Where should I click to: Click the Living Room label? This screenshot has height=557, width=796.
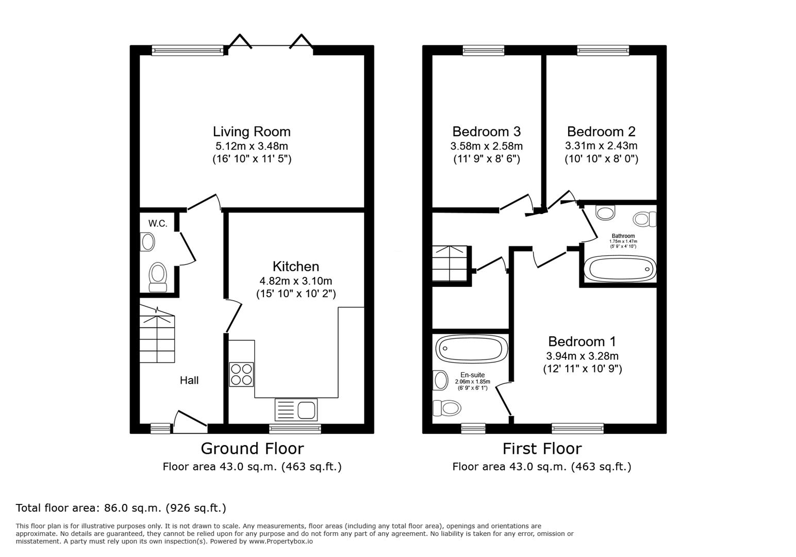tap(252, 132)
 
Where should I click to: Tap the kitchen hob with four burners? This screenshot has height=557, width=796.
tap(241, 374)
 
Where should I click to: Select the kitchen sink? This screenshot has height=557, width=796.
tap(296, 410)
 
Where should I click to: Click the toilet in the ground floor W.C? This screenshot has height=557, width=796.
tap(157, 277)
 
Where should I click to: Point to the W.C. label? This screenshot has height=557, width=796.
tap(158, 223)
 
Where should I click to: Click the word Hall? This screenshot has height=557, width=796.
tap(189, 381)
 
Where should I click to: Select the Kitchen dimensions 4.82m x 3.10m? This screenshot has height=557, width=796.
tap(296, 281)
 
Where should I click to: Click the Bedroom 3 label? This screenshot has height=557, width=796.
tap(486, 132)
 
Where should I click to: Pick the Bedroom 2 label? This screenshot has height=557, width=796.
tap(601, 132)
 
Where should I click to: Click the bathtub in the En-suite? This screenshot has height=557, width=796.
tap(470, 349)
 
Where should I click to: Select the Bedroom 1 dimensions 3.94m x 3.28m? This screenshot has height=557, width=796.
tap(582, 356)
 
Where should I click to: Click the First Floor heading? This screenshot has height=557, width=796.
tap(542, 448)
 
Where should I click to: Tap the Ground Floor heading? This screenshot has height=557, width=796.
tap(252, 448)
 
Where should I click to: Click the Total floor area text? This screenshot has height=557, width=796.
tap(121, 508)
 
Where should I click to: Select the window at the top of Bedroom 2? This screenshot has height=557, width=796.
tap(603, 50)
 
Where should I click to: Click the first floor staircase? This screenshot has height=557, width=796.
tap(450, 263)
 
